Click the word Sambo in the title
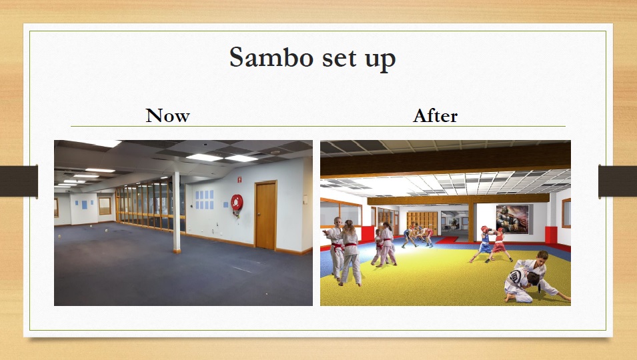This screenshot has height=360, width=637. point(271,57)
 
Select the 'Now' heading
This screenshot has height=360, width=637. point(168,116)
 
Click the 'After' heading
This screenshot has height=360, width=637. point(435,116)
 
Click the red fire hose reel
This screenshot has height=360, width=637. point(237,202)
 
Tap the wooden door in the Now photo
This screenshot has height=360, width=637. point(265,215)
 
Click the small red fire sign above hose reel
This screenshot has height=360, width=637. point(239,179)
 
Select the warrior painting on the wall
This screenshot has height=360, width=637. point(512,219)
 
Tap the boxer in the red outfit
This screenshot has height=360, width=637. point(500,245)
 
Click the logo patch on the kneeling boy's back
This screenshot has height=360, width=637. point(515,277)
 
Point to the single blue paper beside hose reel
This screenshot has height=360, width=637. point(226,205)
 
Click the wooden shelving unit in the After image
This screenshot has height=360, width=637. point(422,223)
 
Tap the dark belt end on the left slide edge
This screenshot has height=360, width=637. point(19,181)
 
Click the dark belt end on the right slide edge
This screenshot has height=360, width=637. point(618,181)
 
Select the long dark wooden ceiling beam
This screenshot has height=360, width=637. point(446,158)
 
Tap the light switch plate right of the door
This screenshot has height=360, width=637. point(305,199)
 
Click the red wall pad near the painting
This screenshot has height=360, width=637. point(551,235)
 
